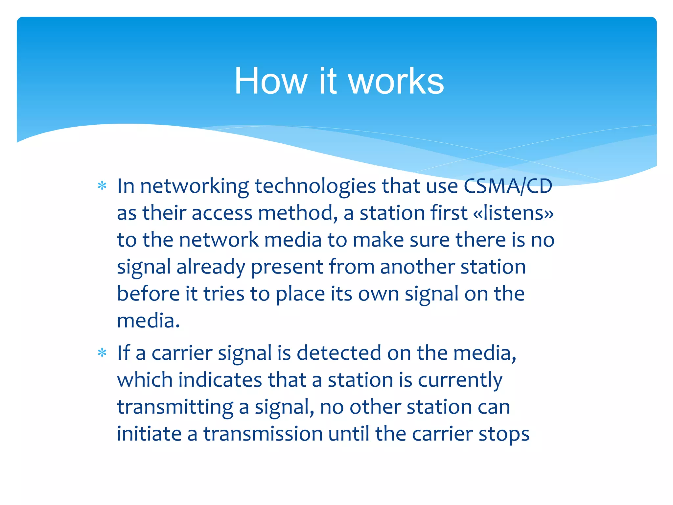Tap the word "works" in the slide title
(x=396, y=81)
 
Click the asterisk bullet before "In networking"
(x=102, y=186)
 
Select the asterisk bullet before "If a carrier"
(x=102, y=353)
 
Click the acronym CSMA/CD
(x=508, y=186)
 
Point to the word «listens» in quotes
(x=513, y=213)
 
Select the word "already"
(x=211, y=267)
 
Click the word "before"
(x=148, y=294)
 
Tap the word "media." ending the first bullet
(x=149, y=321)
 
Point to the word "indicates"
(x=220, y=380)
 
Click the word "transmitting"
(x=175, y=407)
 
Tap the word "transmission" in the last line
(x=263, y=434)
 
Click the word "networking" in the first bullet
(x=195, y=186)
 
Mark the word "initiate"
(x=149, y=434)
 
